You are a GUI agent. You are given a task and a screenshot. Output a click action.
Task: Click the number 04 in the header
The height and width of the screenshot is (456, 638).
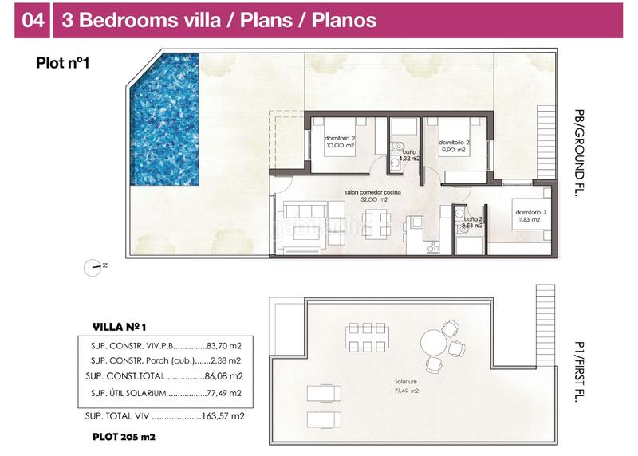point(33,20)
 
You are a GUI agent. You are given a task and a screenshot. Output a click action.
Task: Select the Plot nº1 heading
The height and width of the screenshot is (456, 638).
point(62,64)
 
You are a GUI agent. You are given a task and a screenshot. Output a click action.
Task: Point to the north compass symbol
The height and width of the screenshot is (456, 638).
point(95,266)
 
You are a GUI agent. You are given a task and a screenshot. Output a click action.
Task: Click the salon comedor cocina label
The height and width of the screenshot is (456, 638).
point(372,193)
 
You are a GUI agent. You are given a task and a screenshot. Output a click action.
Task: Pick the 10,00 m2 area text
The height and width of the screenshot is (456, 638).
point(340,145)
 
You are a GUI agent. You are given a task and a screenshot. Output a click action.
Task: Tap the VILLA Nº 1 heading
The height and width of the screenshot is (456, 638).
point(120,327)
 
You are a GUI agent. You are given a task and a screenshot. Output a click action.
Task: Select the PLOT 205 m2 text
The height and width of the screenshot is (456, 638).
point(124,438)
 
